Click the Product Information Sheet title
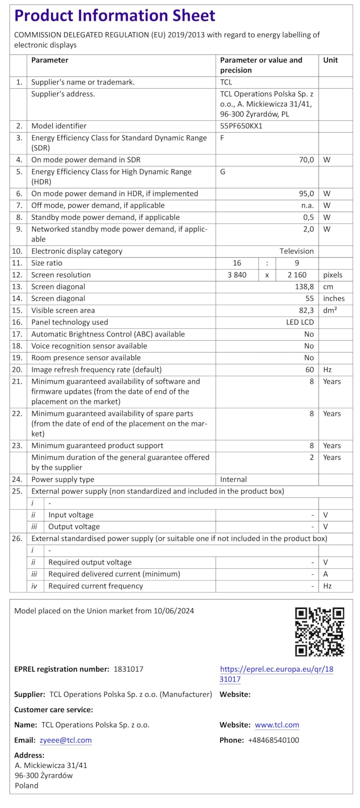pyautogui.click(x=115, y=15)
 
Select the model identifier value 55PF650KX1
pyautogui.click(x=241, y=126)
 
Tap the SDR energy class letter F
pyautogui.click(x=222, y=138)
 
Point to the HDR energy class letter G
pyautogui.click(x=222, y=172)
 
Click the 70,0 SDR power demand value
pyautogui.click(x=306, y=160)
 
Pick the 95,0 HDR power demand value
pyautogui.click(x=306, y=193)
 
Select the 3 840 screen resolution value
pyautogui.click(x=237, y=275)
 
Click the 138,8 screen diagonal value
pyautogui.click(x=304, y=287)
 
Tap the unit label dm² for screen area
pyautogui.click(x=330, y=310)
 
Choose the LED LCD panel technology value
pyautogui.click(x=300, y=322)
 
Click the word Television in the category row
pyautogui.click(x=297, y=251)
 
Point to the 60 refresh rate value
pyautogui.click(x=310, y=370)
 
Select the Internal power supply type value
pyautogui.click(x=233, y=479)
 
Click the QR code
pyautogui.click(x=319, y=632)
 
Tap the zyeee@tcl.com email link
pyautogui.click(x=66, y=740)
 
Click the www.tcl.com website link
pyautogui.click(x=277, y=725)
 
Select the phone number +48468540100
pyautogui.click(x=274, y=740)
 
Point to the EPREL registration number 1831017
pyautogui.click(x=128, y=669)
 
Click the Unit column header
pyautogui.click(x=330, y=60)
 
